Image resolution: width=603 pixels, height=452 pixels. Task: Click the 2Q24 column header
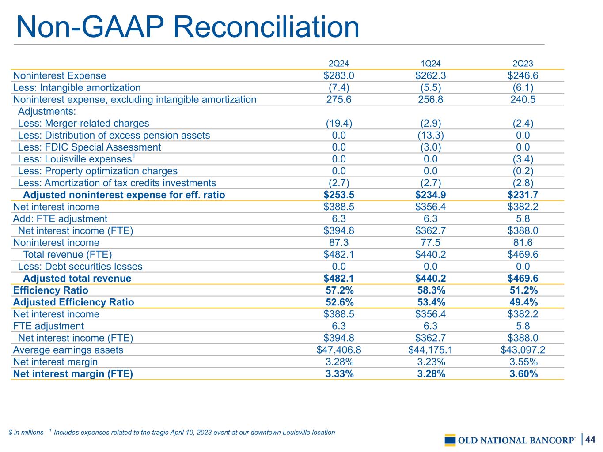coord(338,64)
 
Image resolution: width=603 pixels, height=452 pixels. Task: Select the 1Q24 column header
coord(430,64)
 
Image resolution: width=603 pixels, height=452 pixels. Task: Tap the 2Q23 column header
coord(523,64)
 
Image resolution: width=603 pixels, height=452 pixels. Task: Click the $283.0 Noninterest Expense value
coord(339,75)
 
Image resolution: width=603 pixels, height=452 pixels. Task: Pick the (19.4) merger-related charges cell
coord(339,123)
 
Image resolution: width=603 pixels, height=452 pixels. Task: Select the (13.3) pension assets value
coord(430,136)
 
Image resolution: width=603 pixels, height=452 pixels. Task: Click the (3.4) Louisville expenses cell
coord(523,159)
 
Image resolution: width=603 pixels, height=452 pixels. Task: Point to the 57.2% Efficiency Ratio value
coord(340,290)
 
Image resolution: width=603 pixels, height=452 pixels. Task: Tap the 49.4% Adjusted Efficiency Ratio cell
coord(523,302)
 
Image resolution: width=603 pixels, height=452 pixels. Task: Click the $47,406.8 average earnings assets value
coord(339,350)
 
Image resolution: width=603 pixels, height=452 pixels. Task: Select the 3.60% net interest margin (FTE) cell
coord(523,374)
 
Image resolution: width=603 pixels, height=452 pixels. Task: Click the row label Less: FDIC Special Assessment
coord(89,147)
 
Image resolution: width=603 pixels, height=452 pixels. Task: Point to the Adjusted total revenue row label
coord(77,278)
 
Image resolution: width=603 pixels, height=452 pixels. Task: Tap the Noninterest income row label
coord(56,243)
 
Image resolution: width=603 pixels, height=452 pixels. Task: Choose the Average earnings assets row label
coord(68,350)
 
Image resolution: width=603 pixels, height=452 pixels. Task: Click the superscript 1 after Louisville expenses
coord(134,156)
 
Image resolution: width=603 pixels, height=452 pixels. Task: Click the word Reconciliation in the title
coord(266,27)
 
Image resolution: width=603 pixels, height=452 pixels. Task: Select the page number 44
coord(590,440)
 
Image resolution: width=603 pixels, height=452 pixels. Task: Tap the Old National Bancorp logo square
coord(450,440)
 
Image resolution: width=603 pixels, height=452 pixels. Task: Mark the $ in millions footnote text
coord(26,433)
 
